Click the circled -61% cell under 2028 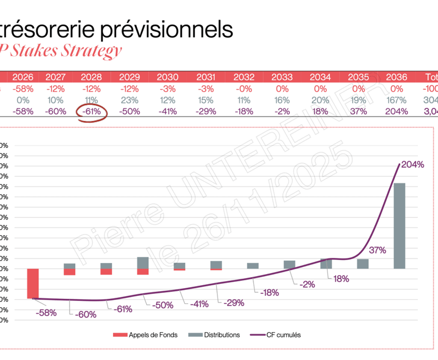pos(91,112)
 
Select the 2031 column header pos(206,77)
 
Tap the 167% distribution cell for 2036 pos(397,100)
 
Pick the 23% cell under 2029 pos(129,100)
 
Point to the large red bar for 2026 pos(33,283)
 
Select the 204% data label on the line pos(413,165)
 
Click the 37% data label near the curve pos(377,251)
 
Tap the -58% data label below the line pos(46,313)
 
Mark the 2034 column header pos(320,77)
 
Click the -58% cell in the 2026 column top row pos(23,89)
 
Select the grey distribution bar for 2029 pos(143,263)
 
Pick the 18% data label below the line pos(340,279)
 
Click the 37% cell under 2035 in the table pos(358,112)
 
